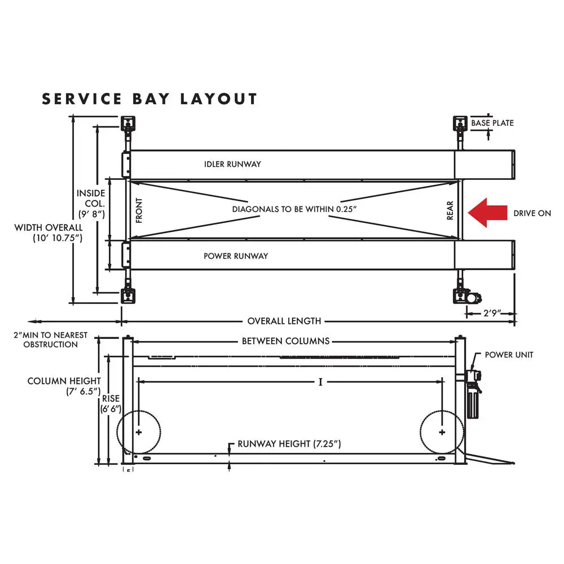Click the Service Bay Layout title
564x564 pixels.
pyautogui.click(x=149, y=99)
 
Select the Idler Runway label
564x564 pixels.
pyautogui.click(x=232, y=164)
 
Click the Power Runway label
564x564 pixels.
pyautogui.click(x=236, y=255)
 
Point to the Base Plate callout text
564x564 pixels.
pyautogui.click(x=492, y=123)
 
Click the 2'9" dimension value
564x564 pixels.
pyautogui.click(x=490, y=312)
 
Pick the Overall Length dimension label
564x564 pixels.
pyautogui.click(x=284, y=321)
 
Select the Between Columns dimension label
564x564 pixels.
pyautogui.click(x=285, y=341)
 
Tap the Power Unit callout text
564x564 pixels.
pyautogui.click(x=509, y=355)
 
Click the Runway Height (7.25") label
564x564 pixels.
pyautogui.click(x=289, y=444)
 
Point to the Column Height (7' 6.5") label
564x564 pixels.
pyautogui.click(x=64, y=386)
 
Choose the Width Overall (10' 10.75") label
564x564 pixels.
pyautogui.click(x=49, y=232)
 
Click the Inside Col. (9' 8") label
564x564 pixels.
pyautogui.click(x=91, y=204)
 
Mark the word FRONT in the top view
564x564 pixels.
pyautogui.click(x=139, y=210)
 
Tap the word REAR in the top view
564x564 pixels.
pyautogui.click(x=450, y=210)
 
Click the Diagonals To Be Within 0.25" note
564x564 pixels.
pyautogui.click(x=295, y=209)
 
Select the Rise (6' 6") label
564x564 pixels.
pyautogui.click(x=111, y=404)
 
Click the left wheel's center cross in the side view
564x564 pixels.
pyautogui.click(x=138, y=432)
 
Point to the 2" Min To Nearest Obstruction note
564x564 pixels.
pyautogui.click(x=51, y=340)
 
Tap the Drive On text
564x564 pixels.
pyautogui.click(x=532, y=213)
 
